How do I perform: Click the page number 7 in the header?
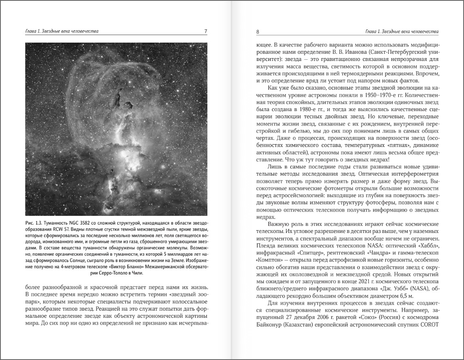[x=205, y=31]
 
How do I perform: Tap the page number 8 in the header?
[x=258, y=31]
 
